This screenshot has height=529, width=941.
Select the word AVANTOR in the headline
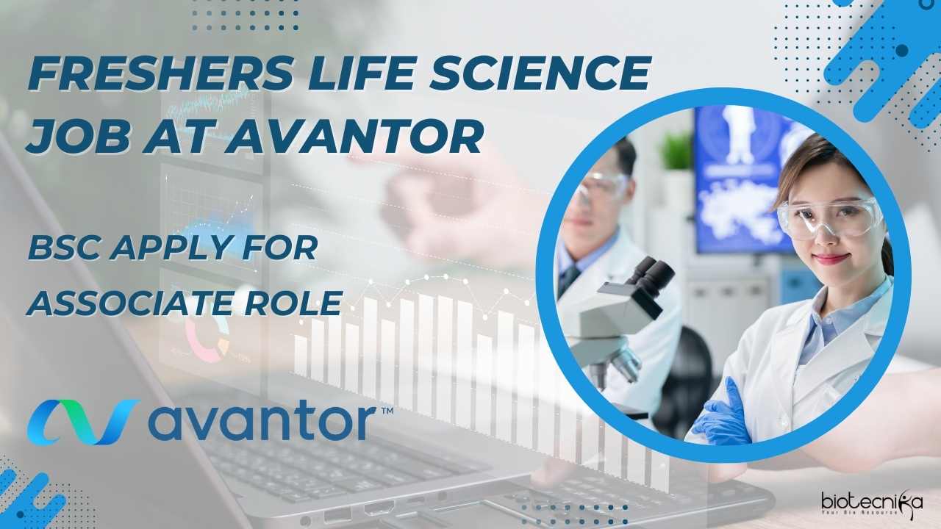pyautogui.click(x=354, y=136)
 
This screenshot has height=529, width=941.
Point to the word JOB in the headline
pyautogui.click(x=77, y=136)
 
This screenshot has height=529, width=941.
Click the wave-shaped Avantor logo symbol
pyautogui.click(x=83, y=422)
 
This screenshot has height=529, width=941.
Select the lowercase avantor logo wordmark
pyautogui.click(x=263, y=422)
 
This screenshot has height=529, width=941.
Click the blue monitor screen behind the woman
pyautogui.click(x=743, y=181)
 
